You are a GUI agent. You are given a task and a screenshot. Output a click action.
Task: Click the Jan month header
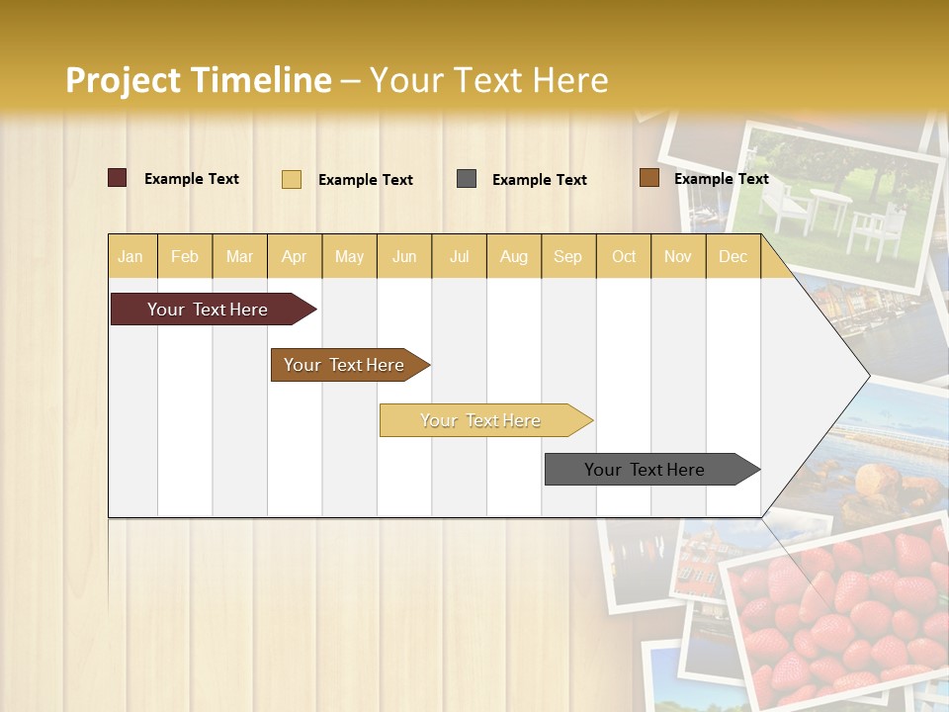coord(130,256)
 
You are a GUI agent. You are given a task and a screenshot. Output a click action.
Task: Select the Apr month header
coord(294,256)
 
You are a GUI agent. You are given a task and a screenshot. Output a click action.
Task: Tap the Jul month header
coord(459,256)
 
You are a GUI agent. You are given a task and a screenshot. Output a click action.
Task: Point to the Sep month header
coord(567,256)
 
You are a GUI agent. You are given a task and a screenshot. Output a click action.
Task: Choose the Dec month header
coord(733,256)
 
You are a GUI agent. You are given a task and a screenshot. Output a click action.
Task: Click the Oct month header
coord(624,256)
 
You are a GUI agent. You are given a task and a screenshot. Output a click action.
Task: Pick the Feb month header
coord(185,256)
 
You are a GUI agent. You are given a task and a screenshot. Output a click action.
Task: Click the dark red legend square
coord(117,178)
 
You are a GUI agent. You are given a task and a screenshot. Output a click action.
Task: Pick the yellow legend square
coord(291,179)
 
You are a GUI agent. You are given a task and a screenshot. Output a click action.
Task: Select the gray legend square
coord(466,179)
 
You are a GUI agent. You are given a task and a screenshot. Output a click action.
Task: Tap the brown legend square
coord(648,178)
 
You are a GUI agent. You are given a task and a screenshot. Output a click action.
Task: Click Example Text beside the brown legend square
coord(721,179)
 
